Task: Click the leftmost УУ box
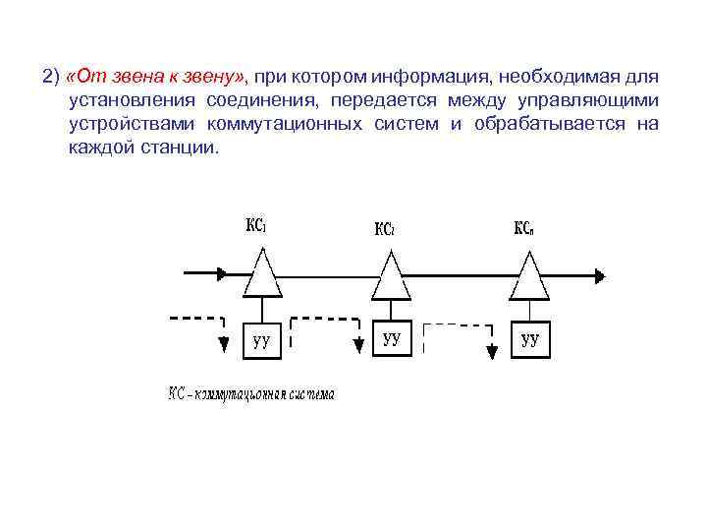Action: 262,339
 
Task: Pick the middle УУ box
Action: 392,339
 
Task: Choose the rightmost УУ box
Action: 530,339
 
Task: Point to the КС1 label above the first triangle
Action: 256,226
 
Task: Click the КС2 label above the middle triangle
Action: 385,229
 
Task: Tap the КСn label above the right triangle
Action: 525,228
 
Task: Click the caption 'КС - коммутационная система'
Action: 250,394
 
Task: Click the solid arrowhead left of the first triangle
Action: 225,273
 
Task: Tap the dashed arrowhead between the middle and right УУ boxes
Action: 490,352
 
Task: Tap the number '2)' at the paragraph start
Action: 51,76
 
